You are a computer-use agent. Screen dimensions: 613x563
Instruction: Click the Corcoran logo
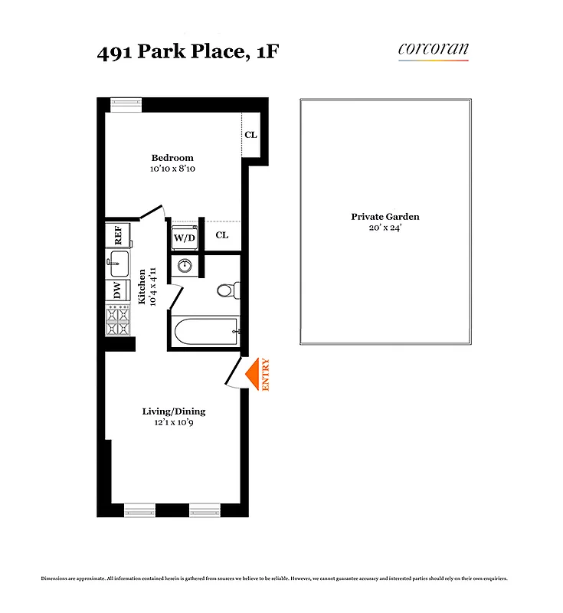point(433,51)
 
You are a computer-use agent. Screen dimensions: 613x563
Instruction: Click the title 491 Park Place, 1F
point(178,54)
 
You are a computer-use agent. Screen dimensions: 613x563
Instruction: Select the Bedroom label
point(172,158)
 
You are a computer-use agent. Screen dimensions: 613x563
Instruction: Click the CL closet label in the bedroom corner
point(250,135)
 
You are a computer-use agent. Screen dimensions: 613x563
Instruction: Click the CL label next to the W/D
point(221,235)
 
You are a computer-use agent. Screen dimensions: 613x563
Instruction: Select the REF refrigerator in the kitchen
point(119,235)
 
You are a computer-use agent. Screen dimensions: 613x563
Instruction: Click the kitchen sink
point(118,265)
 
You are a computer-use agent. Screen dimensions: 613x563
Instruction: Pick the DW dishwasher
point(118,290)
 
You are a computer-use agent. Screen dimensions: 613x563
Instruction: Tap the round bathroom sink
point(185,267)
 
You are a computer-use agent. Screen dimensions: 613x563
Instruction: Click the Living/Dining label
point(174,411)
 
